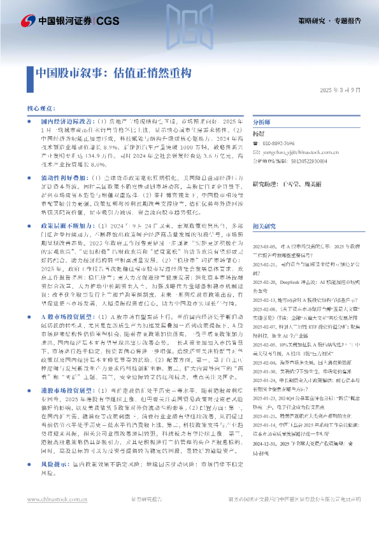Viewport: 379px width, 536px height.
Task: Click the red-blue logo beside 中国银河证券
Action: click(x=27, y=21)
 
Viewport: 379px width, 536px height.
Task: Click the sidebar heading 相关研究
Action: click(x=265, y=208)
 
